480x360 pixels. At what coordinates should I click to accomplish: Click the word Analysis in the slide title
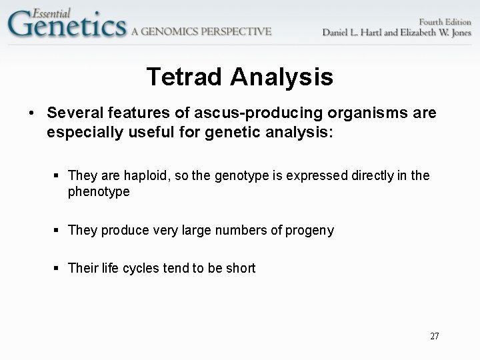click(282, 77)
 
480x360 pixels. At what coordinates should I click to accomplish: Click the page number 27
click(434, 336)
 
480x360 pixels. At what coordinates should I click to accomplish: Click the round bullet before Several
click(32, 114)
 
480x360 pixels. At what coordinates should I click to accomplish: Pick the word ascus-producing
click(213, 114)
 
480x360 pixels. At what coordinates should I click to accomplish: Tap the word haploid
click(145, 176)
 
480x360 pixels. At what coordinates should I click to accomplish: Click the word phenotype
click(98, 192)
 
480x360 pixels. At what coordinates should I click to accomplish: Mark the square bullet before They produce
click(58, 231)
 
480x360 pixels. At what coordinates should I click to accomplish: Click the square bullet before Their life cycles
click(58, 269)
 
